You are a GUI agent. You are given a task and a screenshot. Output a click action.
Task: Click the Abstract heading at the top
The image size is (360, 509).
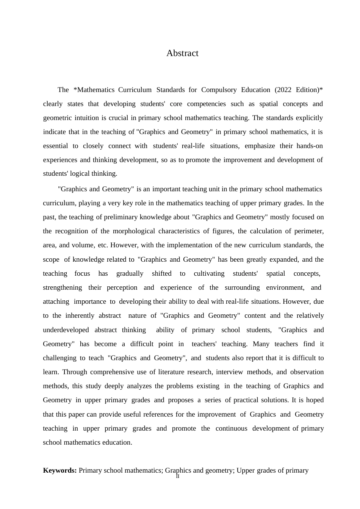pyautogui.click(x=182, y=53)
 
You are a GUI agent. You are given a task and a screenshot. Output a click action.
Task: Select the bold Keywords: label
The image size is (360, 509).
pyautogui.click(x=60, y=470)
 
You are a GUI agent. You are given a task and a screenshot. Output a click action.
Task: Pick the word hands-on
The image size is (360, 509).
pyautogui.click(x=310, y=146)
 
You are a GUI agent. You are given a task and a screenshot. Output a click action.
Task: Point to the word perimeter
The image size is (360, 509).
pyautogui.click(x=308, y=231)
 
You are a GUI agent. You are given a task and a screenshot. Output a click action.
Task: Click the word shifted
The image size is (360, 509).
pyautogui.click(x=161, y=273)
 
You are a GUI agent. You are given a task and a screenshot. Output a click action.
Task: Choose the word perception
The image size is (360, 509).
pyautogui.click(x=122, y=287)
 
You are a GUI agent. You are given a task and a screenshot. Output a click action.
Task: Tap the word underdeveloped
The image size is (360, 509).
pyautogui.click(x=66, y=330)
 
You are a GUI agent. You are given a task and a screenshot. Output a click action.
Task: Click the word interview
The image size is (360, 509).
pyautogui.click(x=229, y=372)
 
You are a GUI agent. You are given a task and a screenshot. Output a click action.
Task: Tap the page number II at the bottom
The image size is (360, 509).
pyautogui.click(x=178, y=476)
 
